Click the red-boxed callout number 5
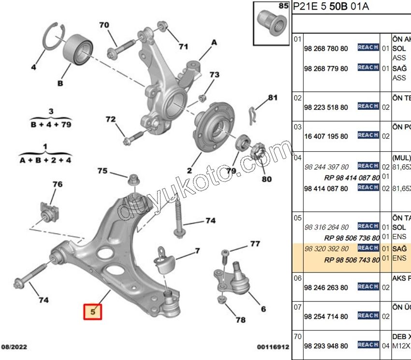pos(94,312)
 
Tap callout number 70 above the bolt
pos(104,25)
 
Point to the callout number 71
pos(183,46)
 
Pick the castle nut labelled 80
pos(257,152)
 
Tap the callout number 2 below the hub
pos(189,170)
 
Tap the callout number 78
pos(240,319)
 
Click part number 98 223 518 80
pos(325,107)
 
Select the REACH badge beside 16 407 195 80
pos(367,135)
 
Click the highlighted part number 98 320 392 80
pos(325,248)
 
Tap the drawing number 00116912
pos(273,347)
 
